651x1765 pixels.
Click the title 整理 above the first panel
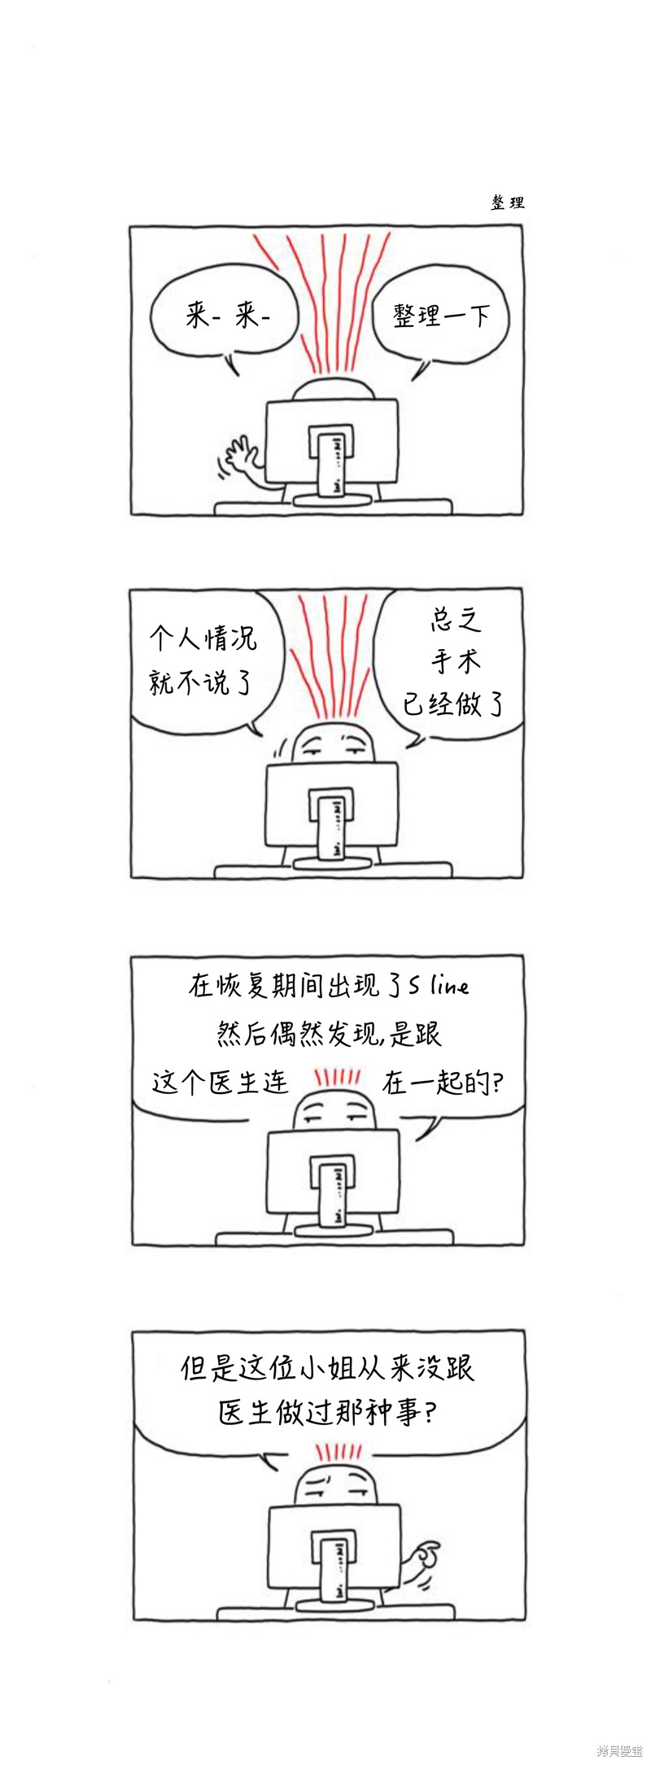508,203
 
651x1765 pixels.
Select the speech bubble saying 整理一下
440,317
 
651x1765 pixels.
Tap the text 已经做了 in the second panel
453,704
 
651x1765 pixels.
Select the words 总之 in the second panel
456,620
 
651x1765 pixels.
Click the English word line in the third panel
450,987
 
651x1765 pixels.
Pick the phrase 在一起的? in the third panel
443,1083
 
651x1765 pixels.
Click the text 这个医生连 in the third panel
221,1083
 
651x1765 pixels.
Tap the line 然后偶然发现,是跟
329,1034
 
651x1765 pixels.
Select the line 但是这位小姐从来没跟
327,1368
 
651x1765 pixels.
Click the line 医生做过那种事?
327,1412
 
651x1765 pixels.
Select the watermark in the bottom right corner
619,1750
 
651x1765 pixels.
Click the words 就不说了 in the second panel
201,682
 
